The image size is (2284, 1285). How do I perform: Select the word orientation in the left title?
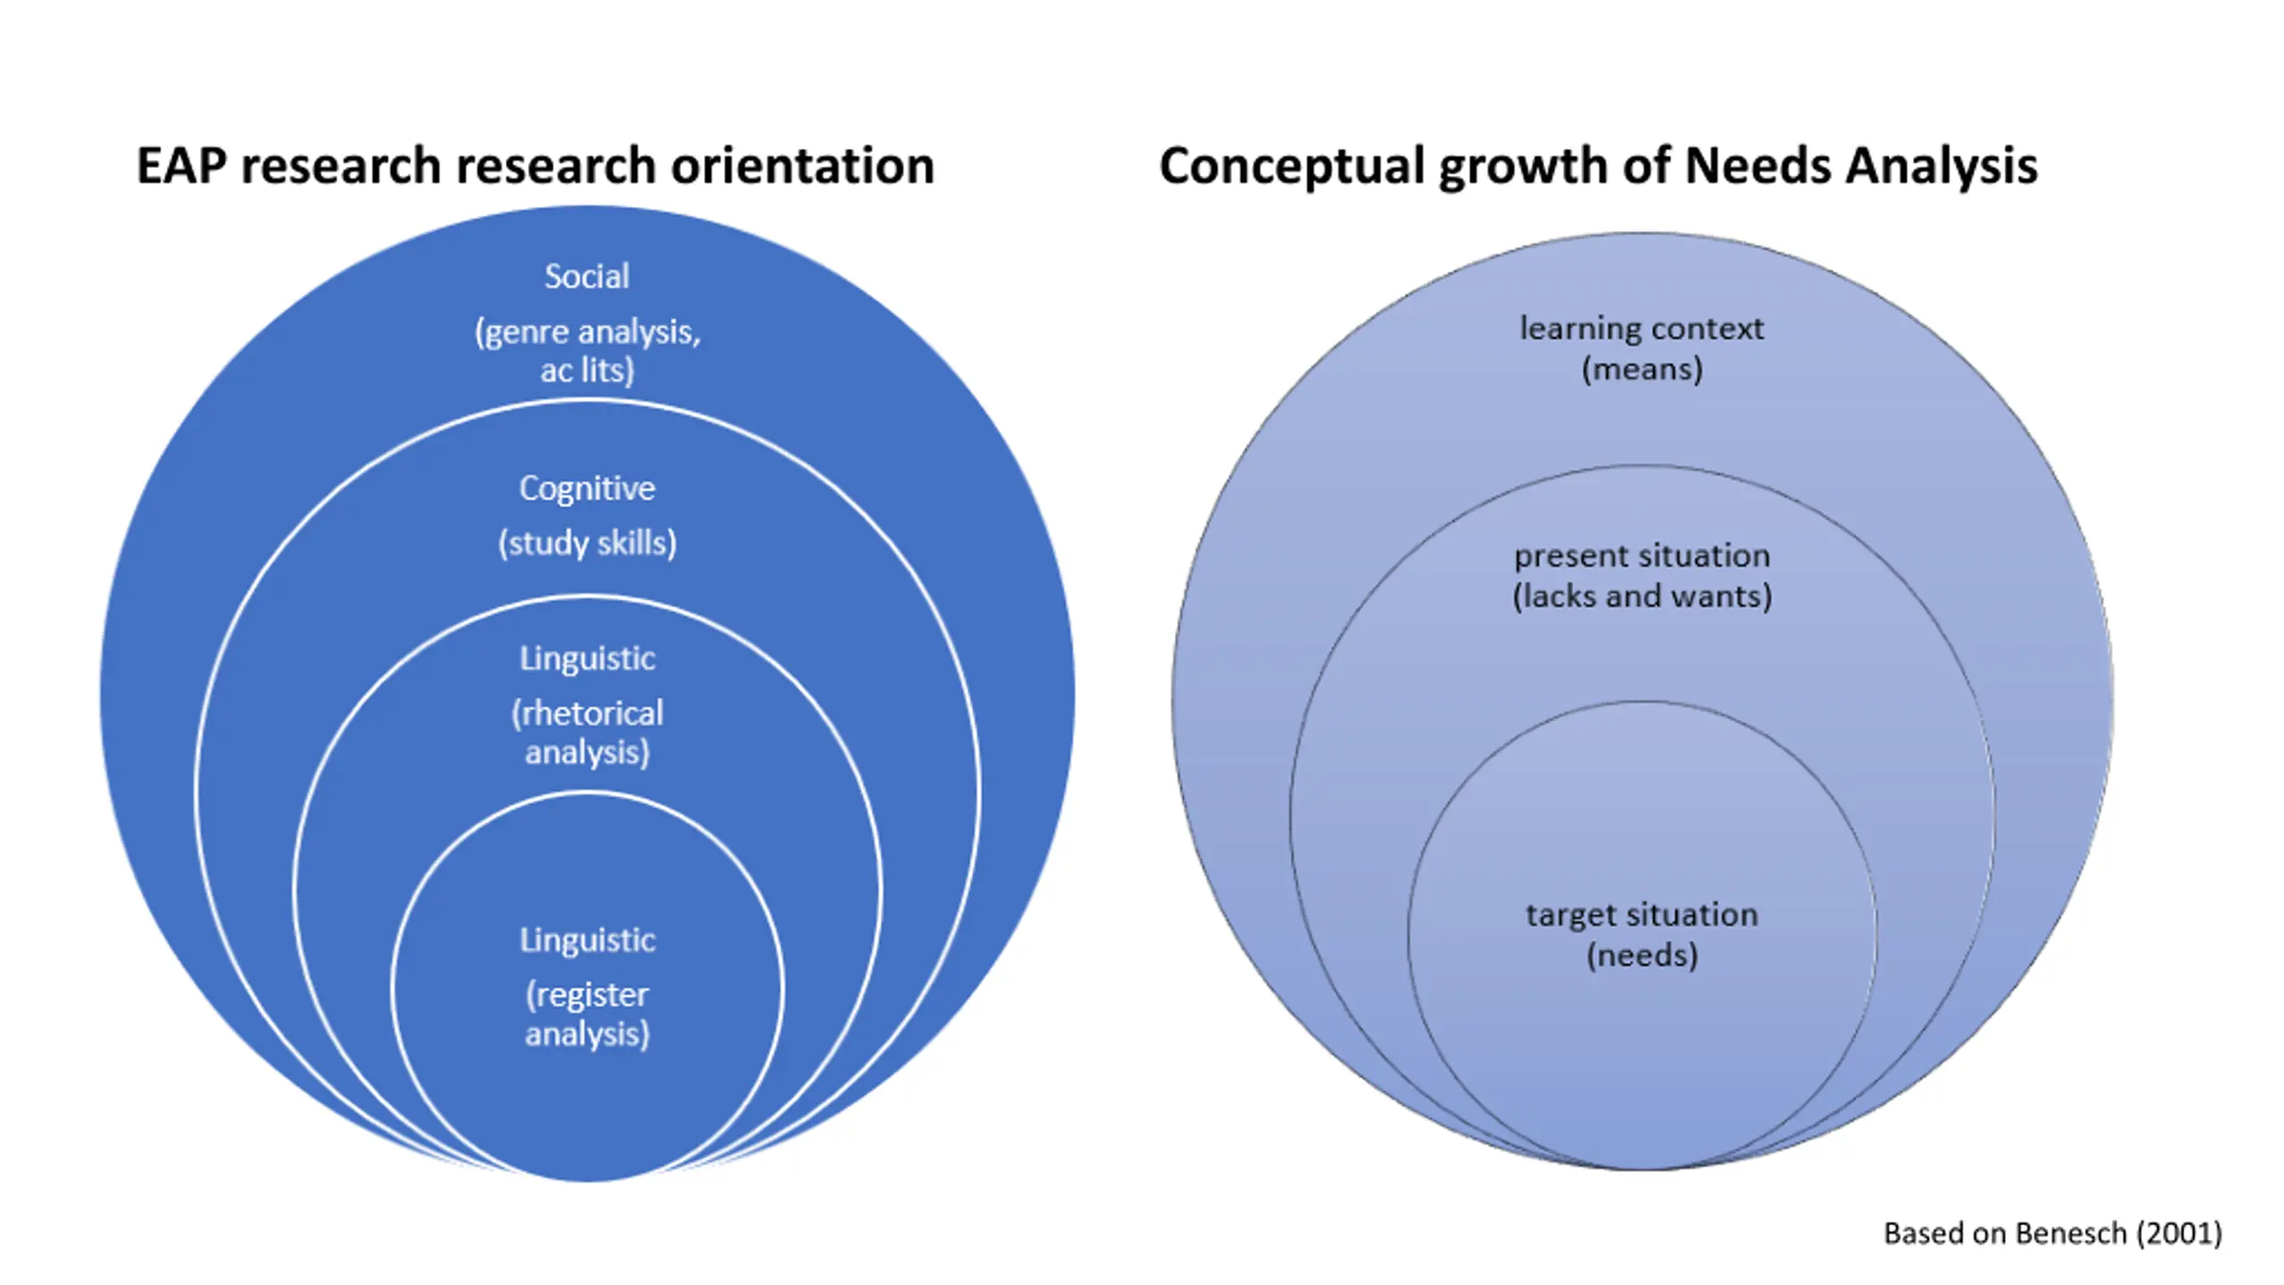click(802, 166)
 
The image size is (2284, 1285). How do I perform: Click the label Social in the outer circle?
click(587, 277)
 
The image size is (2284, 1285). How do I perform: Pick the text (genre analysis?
click(588, 333)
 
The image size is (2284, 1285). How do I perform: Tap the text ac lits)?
click(587, 370)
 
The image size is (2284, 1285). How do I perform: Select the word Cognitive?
click(587, 489)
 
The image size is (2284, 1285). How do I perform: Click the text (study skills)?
click(587, 543)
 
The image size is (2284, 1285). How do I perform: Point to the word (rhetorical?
click(587, 714)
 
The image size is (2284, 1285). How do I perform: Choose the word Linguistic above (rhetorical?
click(587, 659)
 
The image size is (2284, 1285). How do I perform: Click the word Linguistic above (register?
click(587, 941)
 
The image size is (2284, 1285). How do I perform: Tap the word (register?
click(587, 996)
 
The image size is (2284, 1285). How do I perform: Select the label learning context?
click(1642, 328)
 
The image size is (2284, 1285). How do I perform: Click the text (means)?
click(1642, 369)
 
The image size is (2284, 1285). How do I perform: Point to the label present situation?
click(1642, 556)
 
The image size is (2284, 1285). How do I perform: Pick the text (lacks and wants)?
click(1642, 596)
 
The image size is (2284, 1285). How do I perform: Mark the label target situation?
click(1642, 915)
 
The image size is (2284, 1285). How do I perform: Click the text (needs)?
click(1642, 956)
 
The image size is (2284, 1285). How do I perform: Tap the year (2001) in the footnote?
click(2179, 1233)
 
